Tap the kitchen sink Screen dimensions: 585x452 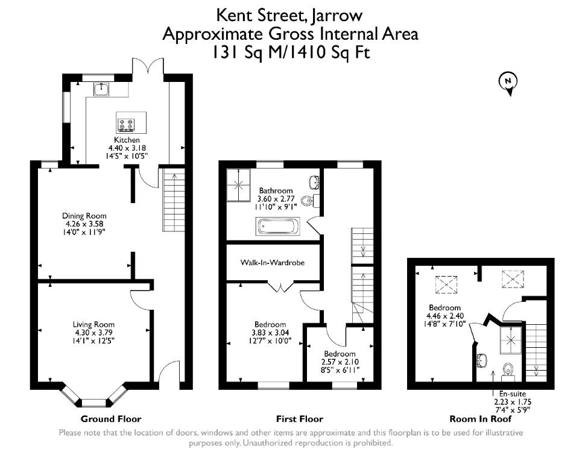coord(101,89)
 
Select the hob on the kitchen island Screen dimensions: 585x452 coord(125,124)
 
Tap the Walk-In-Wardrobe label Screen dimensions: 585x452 coord(273,262)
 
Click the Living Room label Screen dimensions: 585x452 coord(93,324)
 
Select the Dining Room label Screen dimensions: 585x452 coord(84,216)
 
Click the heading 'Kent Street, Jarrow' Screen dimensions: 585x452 coord(289,15)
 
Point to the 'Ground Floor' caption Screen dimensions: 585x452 coord(111,419)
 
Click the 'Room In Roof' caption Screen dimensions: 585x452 coord(481,419)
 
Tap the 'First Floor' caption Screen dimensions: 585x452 coord(300,419)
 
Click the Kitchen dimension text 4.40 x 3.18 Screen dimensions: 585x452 coord(127,148)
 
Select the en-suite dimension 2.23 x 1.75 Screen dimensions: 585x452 coord(513,402)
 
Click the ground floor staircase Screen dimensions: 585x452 coord(174,200)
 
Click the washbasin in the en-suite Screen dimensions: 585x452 coord(482,360)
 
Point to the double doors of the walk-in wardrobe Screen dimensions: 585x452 coord(281,287)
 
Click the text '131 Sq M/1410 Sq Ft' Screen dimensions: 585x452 coord(291,52)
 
